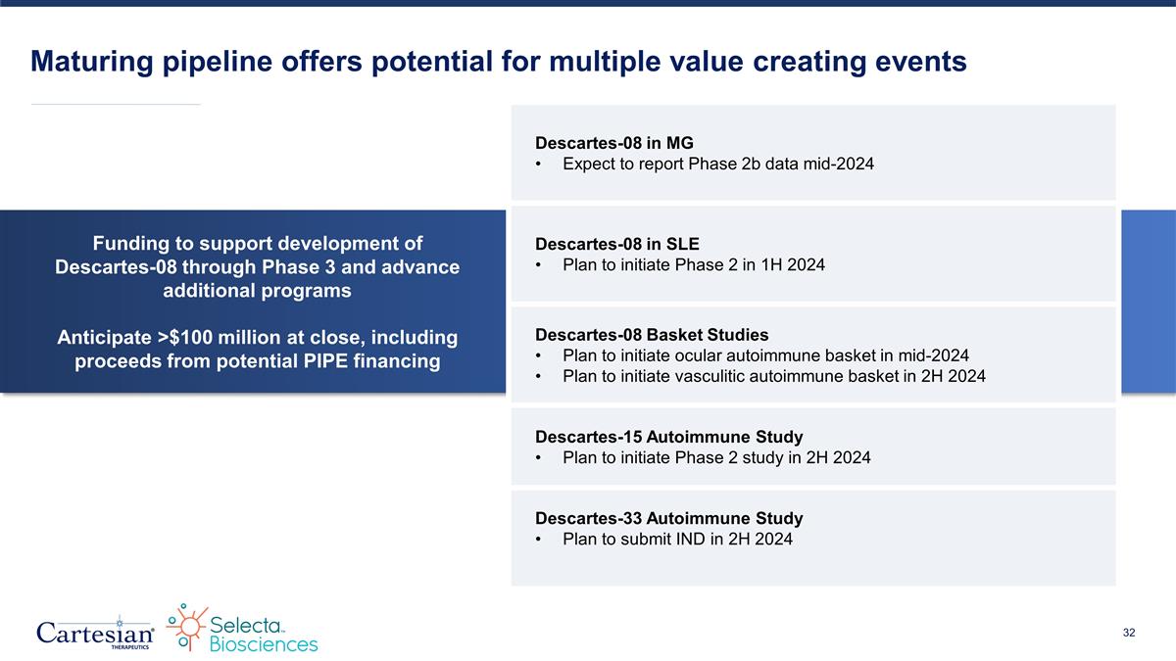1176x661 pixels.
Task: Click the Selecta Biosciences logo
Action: pos(243,630)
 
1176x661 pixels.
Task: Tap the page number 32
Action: pos(1129,634)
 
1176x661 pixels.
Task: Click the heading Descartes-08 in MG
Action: pos(614,143)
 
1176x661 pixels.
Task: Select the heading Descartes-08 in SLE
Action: pos(617,244)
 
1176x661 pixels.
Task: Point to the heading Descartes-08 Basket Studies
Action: pos(652,335)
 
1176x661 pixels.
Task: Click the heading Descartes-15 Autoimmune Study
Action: pos(669,436)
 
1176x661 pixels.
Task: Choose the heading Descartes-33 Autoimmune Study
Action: pos(669,518)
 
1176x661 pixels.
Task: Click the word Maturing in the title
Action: pos(88,62)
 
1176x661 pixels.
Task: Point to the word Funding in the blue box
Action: pos(127,243)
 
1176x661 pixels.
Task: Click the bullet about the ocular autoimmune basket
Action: pos(765,355)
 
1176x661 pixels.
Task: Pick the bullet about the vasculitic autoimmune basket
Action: pos(774,376)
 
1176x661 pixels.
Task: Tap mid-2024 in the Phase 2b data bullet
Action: pos(831,165)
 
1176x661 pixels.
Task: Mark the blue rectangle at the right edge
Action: pos(1148,302)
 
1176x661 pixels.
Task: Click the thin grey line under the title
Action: pos(116,104)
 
